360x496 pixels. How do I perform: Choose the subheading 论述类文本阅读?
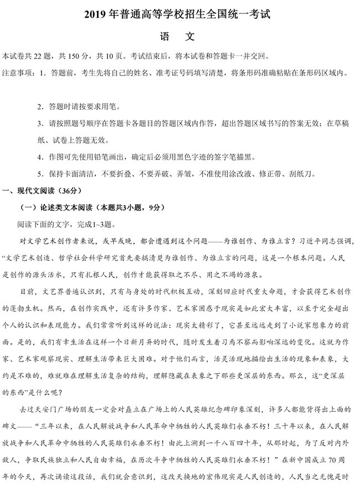65,207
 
